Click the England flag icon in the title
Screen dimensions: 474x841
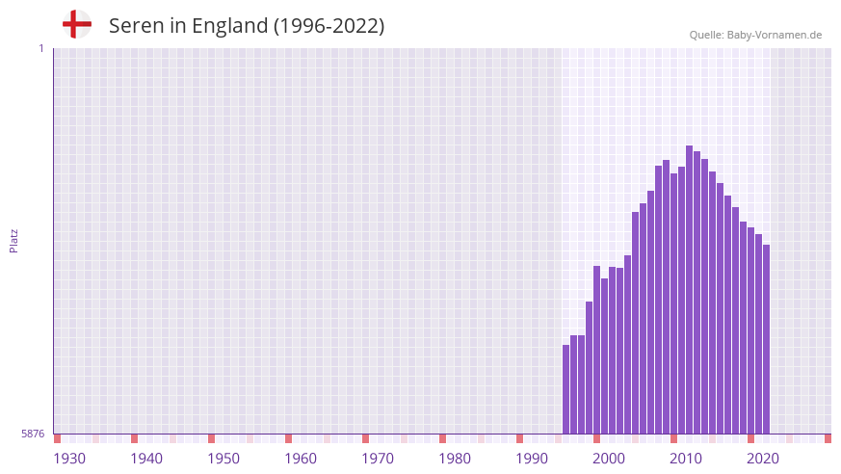(x=77, y=24)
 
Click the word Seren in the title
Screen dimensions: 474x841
(x=136, y=26)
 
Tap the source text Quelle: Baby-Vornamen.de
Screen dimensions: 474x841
(x=755, y=35)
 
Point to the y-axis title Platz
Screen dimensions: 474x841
(x=13, y=240)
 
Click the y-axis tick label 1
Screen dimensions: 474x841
(x=40, y=48)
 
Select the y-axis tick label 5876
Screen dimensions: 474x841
(x=33, y=434)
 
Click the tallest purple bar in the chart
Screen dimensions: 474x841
(x=690, y=289)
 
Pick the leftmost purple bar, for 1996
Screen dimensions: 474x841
(x=566, y=389)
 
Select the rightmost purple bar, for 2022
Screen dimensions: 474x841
(x=766, y=339)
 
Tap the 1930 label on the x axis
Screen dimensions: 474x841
(x=69, y=459)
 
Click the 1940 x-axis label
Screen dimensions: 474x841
(x=146, y=459)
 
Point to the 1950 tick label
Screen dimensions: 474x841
(x=223, y=459)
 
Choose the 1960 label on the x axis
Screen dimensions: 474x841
(x=301, y=459)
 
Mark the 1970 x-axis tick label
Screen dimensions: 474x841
(x=378, y=459)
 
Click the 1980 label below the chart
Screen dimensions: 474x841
(x=455, y=459)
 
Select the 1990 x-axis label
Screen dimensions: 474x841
(x=532, y=459)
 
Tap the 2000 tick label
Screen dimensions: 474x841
(x=609, y=459)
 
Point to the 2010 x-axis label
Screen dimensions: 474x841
(x=686, y=459)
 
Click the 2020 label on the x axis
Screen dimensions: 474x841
(x=763, y=459)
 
